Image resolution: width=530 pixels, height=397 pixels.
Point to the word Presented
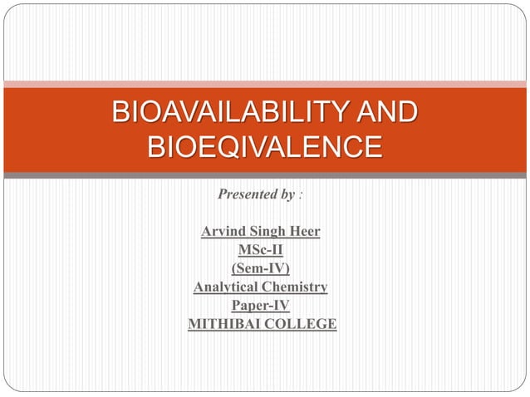tap(246, 195)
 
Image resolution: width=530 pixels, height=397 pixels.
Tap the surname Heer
tap(303, 231)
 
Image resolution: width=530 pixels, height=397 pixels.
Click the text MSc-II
tap(261, 249)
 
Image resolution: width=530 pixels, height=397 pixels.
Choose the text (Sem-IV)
tap(261, 268)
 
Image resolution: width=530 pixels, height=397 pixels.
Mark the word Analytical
tap(227, 287)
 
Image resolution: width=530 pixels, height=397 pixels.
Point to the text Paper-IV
tap(261, 306)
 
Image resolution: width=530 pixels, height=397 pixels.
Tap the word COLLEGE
tap(302, 324)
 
